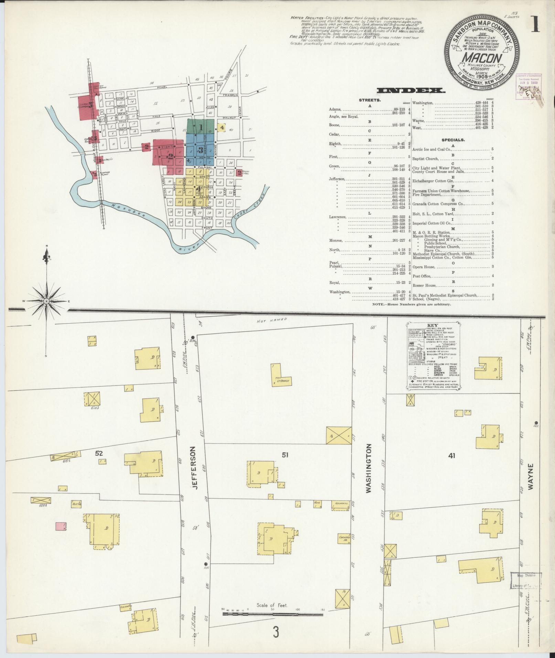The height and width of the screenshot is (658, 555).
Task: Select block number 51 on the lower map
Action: pyautogui.click(x=285, y=455)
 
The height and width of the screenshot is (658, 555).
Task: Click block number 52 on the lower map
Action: pyautogui.click(x=99, y=453)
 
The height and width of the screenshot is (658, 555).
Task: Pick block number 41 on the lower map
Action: pyautogui.click(x=452, y=456)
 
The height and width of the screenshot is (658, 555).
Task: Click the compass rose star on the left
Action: pyautogui.click(x=46, y=301)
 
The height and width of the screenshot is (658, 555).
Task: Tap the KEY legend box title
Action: pyautogui.click(x=432, y=325)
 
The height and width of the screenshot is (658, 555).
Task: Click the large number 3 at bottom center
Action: pyautogui.click(x=275, y=641)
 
